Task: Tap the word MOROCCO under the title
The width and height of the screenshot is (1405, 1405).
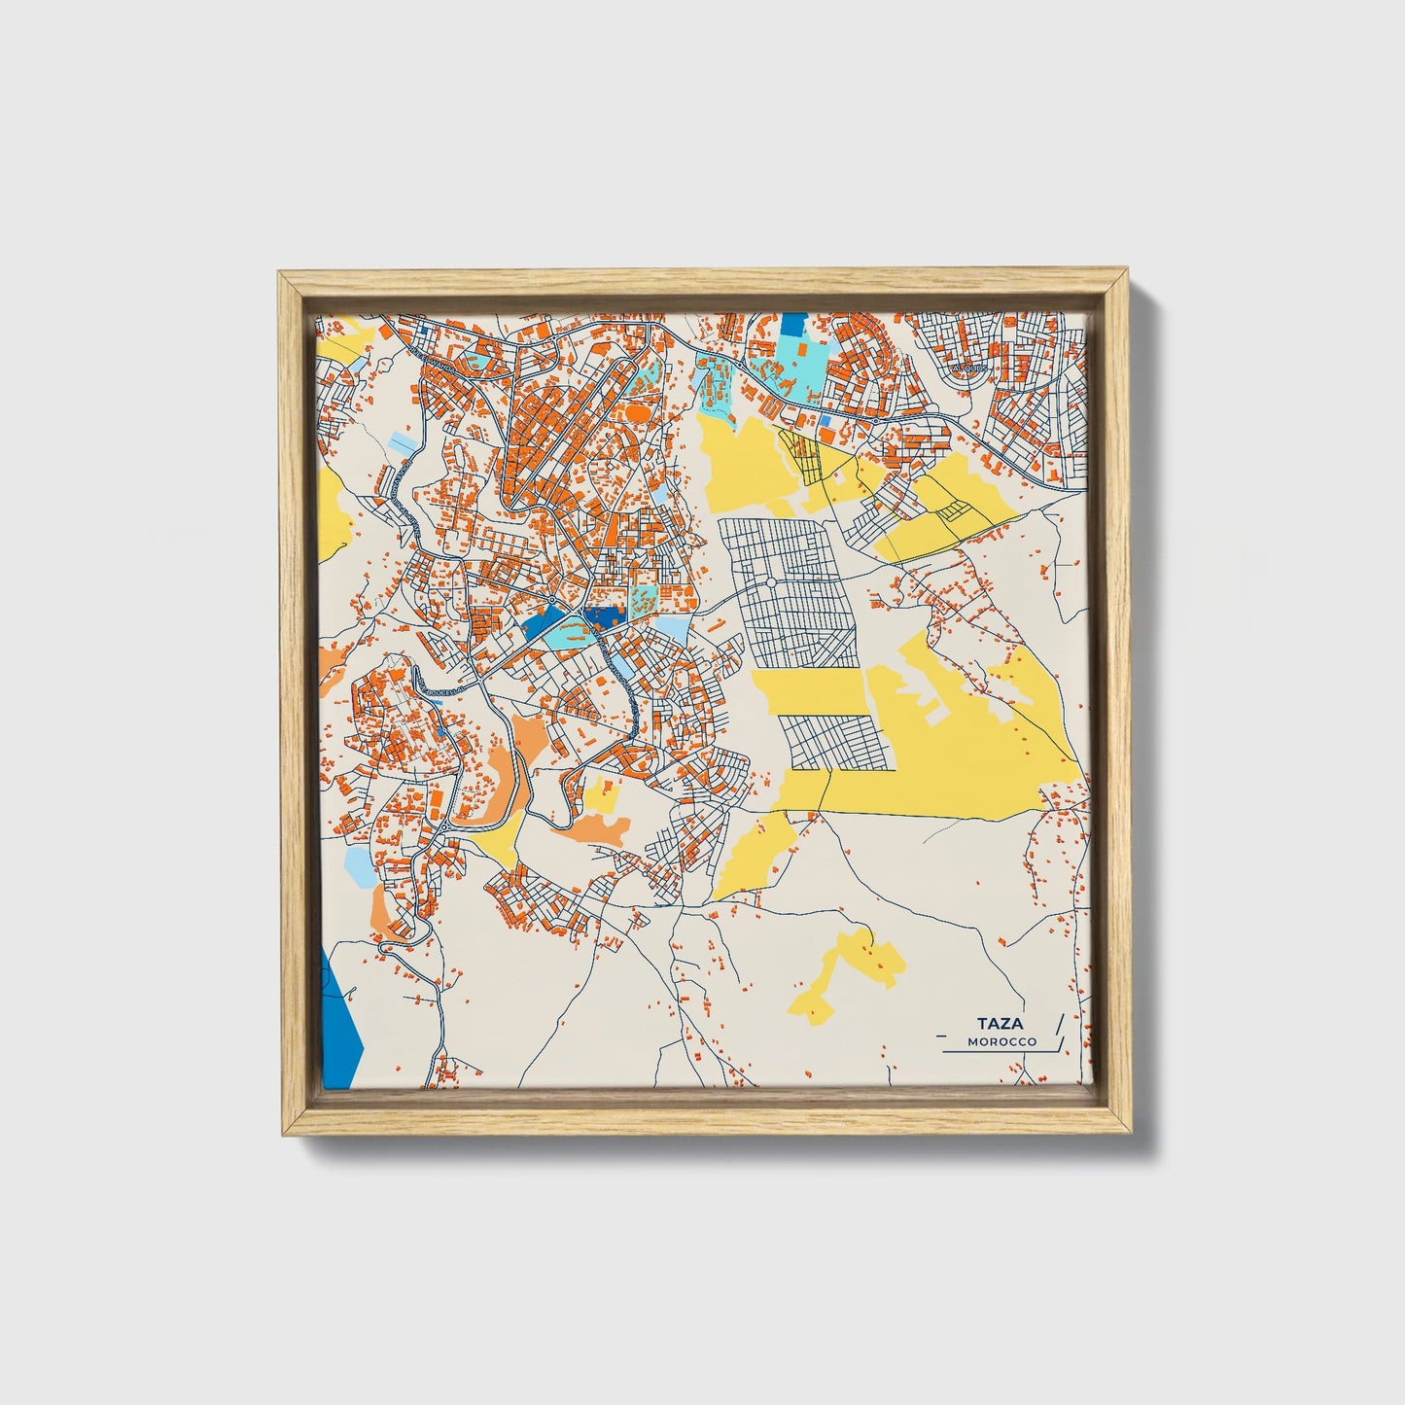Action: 1001,1041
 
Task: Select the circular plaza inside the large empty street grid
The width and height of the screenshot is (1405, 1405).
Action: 770,582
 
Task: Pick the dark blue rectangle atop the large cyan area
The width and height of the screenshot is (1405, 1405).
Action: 794,325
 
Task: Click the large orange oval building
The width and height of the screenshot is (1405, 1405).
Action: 638,412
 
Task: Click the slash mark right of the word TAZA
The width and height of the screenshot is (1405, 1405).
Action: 1058,1024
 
